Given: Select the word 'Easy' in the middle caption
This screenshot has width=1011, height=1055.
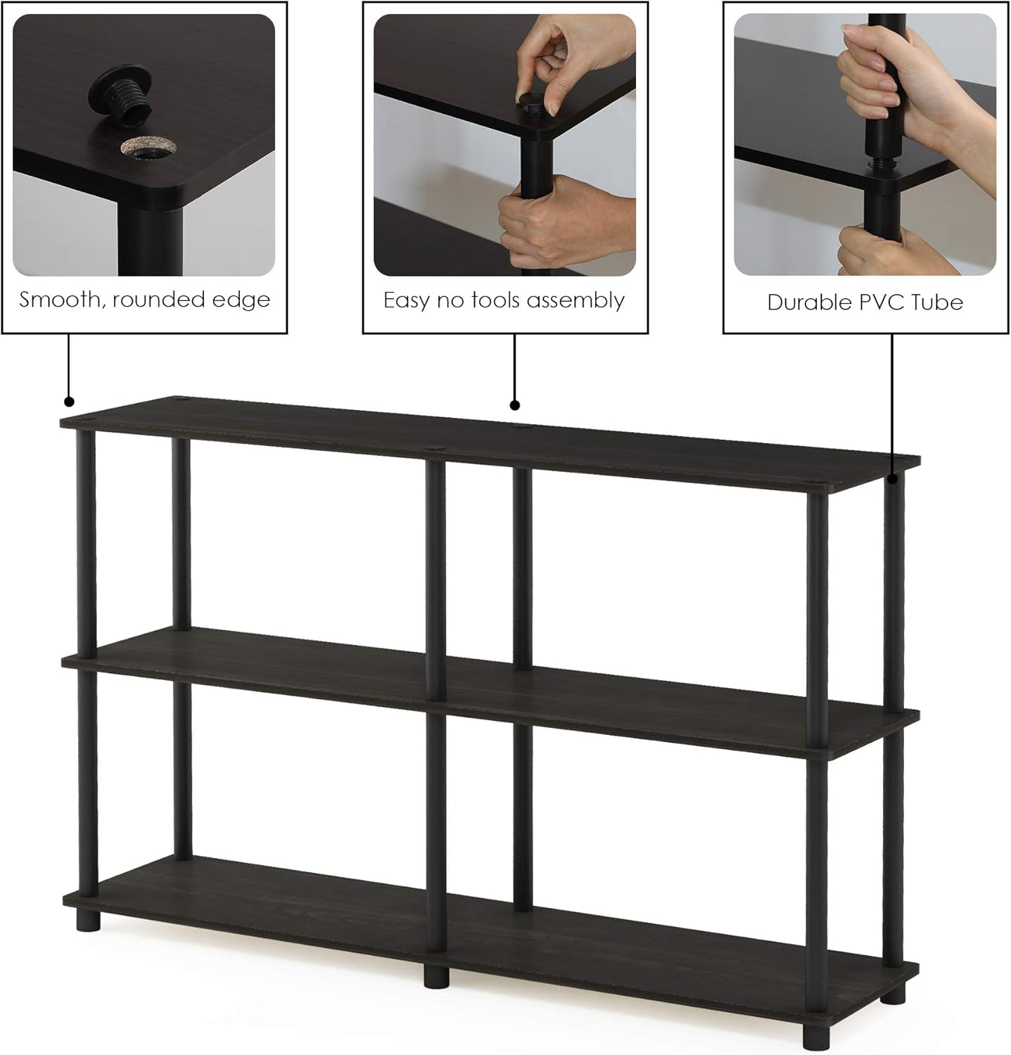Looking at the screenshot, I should point(407,301).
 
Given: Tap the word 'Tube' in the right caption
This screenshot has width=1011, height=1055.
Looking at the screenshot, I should point(937,302).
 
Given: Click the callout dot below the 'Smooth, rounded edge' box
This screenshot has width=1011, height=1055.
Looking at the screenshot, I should point(69,402).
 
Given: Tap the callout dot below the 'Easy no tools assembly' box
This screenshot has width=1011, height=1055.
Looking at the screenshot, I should point(514,404).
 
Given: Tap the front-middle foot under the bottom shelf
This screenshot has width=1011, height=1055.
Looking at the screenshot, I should point(434,976).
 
